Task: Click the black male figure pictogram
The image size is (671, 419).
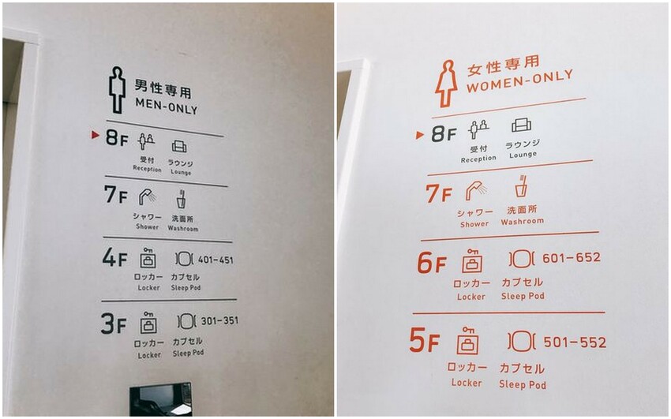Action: [x=117, y=89]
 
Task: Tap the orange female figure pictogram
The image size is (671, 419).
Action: [x=446, y=83]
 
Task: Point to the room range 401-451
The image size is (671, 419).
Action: [x=216, y=260]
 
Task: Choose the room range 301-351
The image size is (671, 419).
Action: [x=219, y=321]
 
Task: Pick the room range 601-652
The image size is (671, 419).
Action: [x=572, y=258]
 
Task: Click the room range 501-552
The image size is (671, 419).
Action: [x=575, y=343]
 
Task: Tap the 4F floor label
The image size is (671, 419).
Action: [x=114, y=259]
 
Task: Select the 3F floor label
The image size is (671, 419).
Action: [x=114, y=324]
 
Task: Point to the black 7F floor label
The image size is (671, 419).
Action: [x=115, y=195]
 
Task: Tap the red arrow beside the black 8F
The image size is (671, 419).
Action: [x=96, y=135]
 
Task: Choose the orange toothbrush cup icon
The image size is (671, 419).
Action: [x=521, y=187]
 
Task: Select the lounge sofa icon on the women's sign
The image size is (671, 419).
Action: [x=521, y=125]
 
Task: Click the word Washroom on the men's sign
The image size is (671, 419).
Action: [x=183, y=229]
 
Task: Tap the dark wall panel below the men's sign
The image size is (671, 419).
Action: [x=160, y=398]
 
